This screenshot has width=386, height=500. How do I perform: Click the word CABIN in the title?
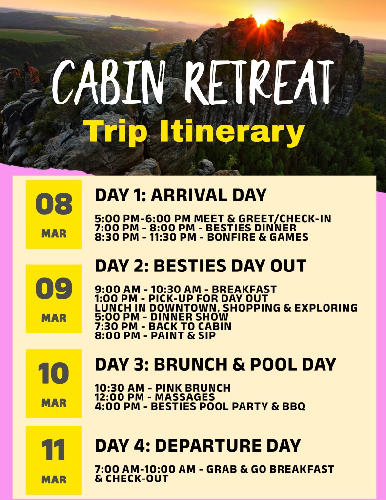click(109, 82)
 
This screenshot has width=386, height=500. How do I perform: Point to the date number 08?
click(54, 204)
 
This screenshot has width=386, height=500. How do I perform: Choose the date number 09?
click(54, 289)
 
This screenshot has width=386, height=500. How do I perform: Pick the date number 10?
click(53, 374)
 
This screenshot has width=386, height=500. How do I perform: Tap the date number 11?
click(53, 450)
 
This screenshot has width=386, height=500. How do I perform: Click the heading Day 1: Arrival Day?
click(181, 195)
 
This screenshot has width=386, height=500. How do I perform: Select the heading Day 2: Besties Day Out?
click(201, 266)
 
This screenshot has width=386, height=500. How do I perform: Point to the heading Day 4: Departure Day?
click(198, 445)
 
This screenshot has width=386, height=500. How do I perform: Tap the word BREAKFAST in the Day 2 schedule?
click(244, 289)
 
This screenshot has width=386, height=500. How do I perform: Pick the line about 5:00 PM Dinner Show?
click(162, 317)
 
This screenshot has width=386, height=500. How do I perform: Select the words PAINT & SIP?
click(183, 335)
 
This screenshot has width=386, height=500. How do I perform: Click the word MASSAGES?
click(185, 397)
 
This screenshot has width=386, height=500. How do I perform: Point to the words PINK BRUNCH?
click(193, 388)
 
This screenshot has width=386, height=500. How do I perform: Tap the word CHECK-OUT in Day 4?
click(137, 479)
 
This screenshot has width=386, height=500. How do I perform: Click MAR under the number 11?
click(54, 479)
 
